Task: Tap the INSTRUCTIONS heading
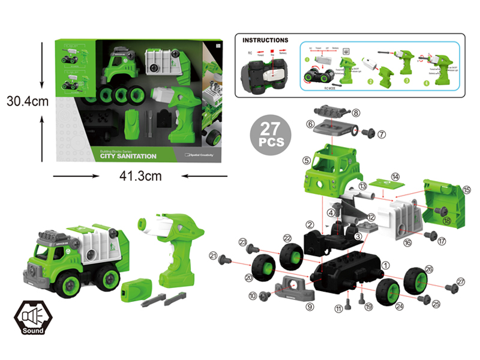(265, 40)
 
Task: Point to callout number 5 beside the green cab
(306, 160)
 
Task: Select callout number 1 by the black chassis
(385, 262)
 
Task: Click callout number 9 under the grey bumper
(310, 306)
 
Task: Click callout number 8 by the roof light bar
(356, 112)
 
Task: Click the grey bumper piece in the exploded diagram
(295, 287)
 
